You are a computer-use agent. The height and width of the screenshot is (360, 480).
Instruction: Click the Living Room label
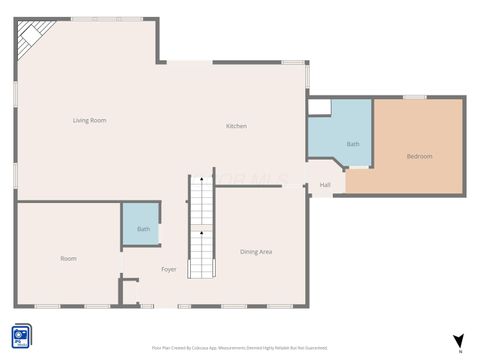click(x=89, y=120)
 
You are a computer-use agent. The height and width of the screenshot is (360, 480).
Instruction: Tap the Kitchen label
click(x=236, y=126)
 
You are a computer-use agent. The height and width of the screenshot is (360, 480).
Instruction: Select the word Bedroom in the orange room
click(x=419, y=156)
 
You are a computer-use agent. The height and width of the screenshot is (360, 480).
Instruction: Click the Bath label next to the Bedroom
click(x=352, y=144)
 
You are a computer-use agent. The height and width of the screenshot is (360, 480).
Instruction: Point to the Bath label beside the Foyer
click(x=143, y=229)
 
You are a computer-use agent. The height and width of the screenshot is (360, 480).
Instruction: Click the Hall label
click(x=325, y=185)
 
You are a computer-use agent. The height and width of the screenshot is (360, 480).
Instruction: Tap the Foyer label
click(x=169, y=269)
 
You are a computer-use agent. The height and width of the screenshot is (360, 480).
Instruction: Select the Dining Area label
click(x=256, y=251)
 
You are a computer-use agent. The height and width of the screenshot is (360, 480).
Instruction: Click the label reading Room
click(x=68, y=258)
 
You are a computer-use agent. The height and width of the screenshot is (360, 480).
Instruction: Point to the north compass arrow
click(x=458, y=340)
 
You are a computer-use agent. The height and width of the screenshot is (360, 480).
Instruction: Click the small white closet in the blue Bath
click(x=319, y=108)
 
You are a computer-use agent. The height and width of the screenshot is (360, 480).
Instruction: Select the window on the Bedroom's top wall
click(x=415, y=97)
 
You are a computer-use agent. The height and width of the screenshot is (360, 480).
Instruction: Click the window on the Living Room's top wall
click(x=95, y=18)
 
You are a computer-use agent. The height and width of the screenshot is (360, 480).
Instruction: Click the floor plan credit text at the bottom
click(x=239, y=347)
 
